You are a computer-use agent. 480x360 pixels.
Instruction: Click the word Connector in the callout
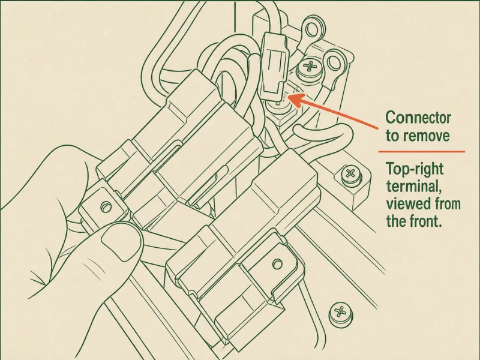pos(418,118)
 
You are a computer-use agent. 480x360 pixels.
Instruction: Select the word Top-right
pos(415,169)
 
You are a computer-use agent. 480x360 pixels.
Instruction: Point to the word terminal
pos(413,186)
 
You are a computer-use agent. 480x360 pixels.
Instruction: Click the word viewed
pos(405,203)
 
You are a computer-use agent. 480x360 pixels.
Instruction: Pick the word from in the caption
pos(444,203)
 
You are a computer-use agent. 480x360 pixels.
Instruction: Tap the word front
pos(426,220)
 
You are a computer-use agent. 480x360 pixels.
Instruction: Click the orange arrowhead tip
pos(289,97)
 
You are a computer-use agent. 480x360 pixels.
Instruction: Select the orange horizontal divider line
pos(422,151)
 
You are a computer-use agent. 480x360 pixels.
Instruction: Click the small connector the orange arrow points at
pos(274,67)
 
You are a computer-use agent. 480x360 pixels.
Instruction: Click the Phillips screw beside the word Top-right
pos(350,175)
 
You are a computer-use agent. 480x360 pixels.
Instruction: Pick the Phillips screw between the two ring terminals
pos(310,67)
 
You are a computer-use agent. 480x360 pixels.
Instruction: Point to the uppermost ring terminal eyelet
pos(311,30)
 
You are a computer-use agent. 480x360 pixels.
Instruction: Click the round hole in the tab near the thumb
pos(106,207)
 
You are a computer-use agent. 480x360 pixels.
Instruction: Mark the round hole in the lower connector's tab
pos(277,264)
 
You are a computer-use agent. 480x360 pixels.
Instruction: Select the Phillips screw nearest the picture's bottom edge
pos(340,313)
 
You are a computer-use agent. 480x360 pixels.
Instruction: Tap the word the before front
pos(396,220)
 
